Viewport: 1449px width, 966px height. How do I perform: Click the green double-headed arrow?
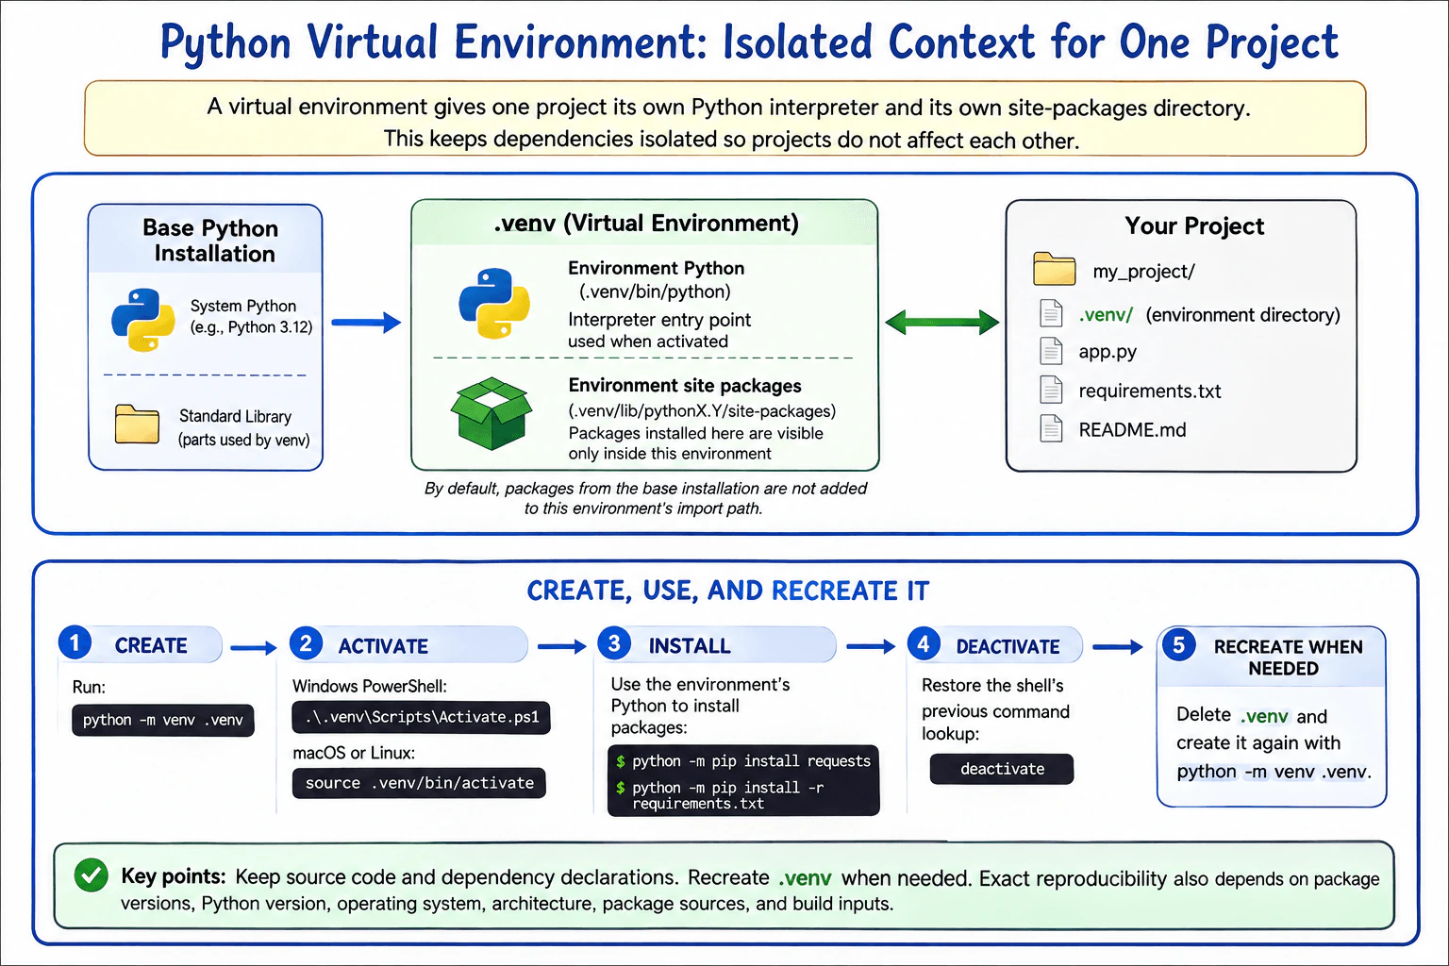[x=941, y=322]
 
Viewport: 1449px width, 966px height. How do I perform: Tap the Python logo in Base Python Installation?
[x=143, y=320]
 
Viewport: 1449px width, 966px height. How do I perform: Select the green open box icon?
[x=491, y=413]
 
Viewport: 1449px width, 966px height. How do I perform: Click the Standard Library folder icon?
[x=137, y=425]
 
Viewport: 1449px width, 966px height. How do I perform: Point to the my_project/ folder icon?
[x=1055, y=269]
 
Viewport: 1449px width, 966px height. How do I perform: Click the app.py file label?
[x=1108, y=352]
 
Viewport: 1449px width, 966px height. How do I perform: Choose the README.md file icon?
[x=1051, y=428]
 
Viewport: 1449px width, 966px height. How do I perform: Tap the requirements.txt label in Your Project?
[x=1150, y=391]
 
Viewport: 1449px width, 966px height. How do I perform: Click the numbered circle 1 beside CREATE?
[x=75, y=643]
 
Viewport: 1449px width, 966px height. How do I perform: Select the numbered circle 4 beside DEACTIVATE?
[x=924, y=644]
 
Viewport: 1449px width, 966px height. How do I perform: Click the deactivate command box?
[x=1001, y=769]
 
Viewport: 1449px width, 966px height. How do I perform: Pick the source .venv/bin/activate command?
[x=419, y=783]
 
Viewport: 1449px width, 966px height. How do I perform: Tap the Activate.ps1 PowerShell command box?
[x=421, y=718]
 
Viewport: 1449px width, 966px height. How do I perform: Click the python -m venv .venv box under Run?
[x=163, y=720]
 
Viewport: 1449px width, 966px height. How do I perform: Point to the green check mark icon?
[x=92, y=875]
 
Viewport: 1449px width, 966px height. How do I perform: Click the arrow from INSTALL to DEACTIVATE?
[x=871, y=646]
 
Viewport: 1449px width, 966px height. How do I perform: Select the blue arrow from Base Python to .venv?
[x=366, y=323]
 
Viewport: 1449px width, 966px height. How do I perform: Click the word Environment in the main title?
[x=579, y=42]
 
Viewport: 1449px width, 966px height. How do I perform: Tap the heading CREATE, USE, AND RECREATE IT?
[x=727, y=591]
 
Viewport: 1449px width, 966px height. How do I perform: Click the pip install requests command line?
[x=744, y=761]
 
